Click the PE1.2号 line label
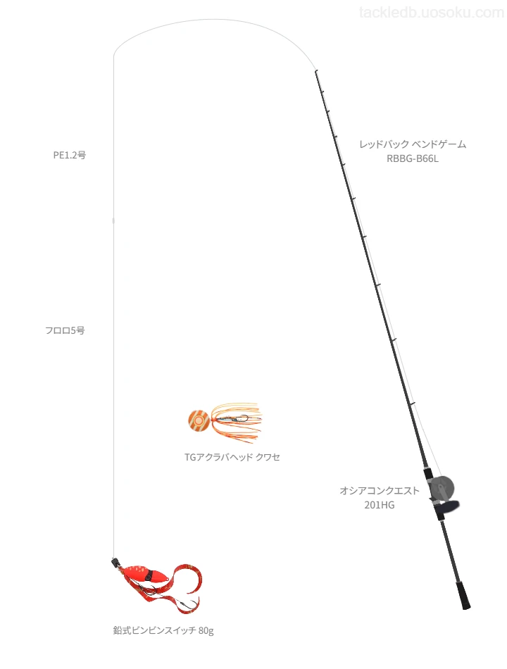click(x=70, y=156)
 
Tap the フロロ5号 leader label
click(x=65, y=330)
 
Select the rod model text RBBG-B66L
click(x=412, y=158)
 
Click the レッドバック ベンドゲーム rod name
click(x=413, y=144)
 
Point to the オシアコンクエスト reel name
click(x=380, y=491)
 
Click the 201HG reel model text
click(x=380, y=505)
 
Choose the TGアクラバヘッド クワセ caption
click(x=232, y=457)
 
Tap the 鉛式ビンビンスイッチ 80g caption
click(x=163, y=630)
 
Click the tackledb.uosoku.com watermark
click(x=432, y=13)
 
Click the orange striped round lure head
click(x=199, y=420)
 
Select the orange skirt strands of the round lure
click(x=236, y=420)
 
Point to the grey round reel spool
click(x=442, y=489)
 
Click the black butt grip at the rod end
click(x=463, y=595)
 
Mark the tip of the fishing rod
click(x=315, y=71)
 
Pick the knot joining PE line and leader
click(x=113, y=220)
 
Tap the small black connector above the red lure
click(x=114, y=562)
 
